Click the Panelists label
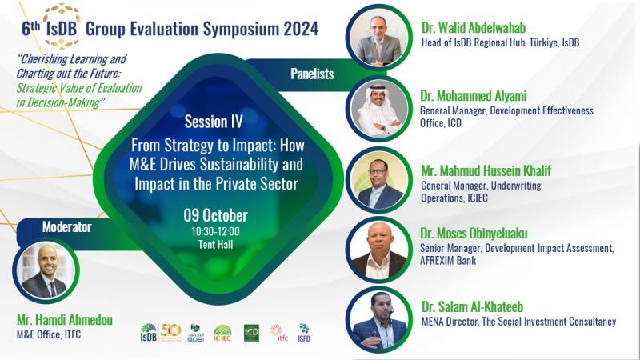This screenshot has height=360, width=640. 312,74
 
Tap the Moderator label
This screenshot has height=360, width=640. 66,227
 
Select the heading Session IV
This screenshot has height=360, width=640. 214,122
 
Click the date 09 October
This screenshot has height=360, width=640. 215,215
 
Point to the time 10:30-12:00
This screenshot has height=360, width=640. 215,231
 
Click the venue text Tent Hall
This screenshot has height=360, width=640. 215,245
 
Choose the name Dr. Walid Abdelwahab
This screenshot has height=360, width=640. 474,28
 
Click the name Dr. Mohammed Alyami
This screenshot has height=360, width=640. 474,96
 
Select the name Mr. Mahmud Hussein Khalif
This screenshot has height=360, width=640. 486,170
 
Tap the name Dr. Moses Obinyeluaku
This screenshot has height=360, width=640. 474,234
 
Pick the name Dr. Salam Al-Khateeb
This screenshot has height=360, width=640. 472,307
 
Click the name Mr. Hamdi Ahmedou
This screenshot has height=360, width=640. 65,320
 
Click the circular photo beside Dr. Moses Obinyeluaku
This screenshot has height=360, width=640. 379,250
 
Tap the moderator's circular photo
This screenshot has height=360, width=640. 46,270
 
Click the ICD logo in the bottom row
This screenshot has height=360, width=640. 251,333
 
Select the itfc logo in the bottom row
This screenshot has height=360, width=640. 279,333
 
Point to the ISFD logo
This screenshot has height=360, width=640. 304,333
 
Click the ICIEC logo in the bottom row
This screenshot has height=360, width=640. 222,333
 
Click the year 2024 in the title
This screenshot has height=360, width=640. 302,29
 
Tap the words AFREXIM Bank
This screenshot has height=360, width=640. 448,261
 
